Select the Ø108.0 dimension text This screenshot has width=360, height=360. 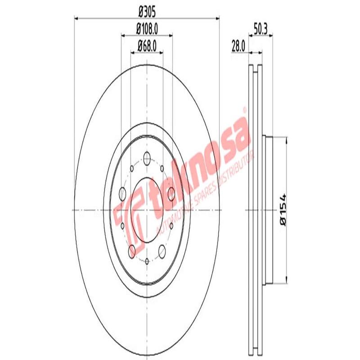(x=147, y=29)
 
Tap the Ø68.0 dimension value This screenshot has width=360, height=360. (x=147, y=45)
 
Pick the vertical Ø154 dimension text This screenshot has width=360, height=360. (x=282, y=210)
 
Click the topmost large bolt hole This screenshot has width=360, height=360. (x=147, y=158)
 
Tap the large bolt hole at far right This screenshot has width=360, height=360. (x=171, y=193)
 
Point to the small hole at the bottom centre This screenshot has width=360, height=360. (x=147, y=260)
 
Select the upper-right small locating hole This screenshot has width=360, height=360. (x=162, y=167)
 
